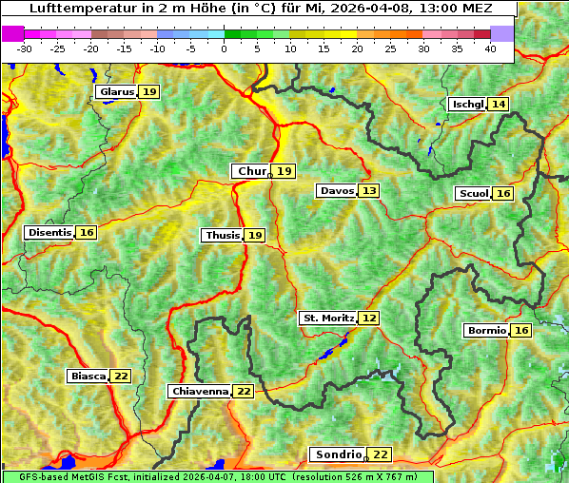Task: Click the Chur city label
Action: click(252, 171)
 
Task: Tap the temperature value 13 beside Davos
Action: click(369, 191)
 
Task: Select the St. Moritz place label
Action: click(328, 318)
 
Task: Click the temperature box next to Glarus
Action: click(149, 92)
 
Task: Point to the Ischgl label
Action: click(466, 104)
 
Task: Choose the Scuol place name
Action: click(473, 194)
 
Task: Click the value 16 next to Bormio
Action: click(520, 331)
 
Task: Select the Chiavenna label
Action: click(200, 391)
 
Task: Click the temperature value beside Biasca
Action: click(121, 377)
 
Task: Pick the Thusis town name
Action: click(222, 235)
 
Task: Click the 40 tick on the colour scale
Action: click(490, 48)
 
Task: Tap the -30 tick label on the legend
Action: click(25, 48)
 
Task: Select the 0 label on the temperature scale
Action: click(224, 48)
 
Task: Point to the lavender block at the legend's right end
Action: click(502, 33)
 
